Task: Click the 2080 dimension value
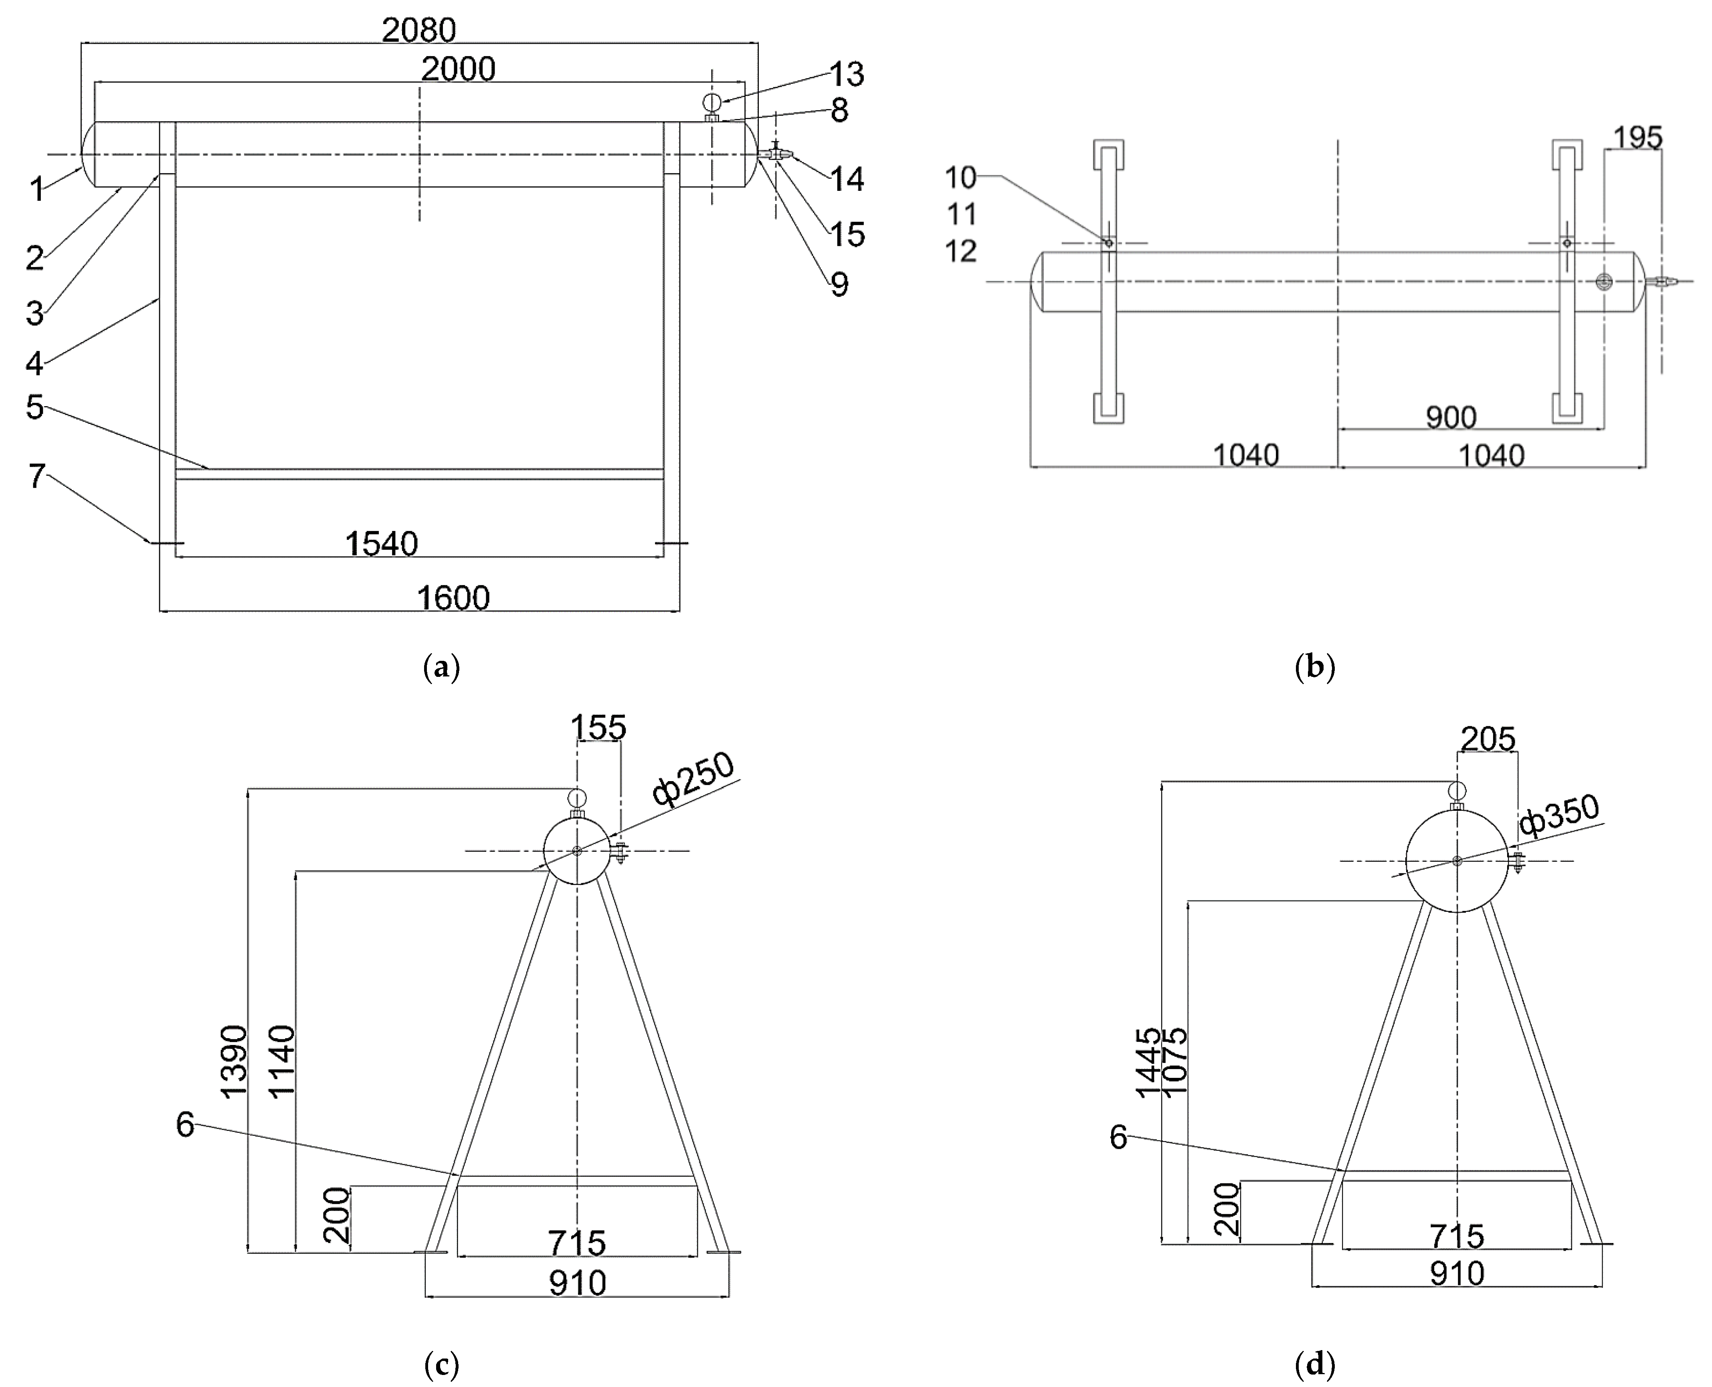tap(418, 30)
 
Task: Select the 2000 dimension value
tap(458, 69)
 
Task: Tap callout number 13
tap(847, 74)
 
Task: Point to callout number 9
tap(839, 284)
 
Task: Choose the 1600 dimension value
tap(453, 597)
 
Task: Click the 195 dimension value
tap(1637, 138)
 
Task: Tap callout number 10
tap(960, 177)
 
